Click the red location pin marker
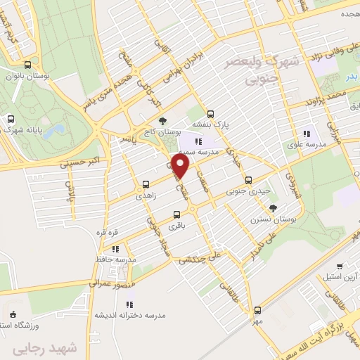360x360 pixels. [181, 167]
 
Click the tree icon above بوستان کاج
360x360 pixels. [163, 120]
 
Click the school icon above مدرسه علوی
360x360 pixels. [307, 134]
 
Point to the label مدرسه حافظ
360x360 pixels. [116, 259]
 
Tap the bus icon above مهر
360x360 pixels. [257, 309]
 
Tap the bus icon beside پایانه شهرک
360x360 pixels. [10, 120]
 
